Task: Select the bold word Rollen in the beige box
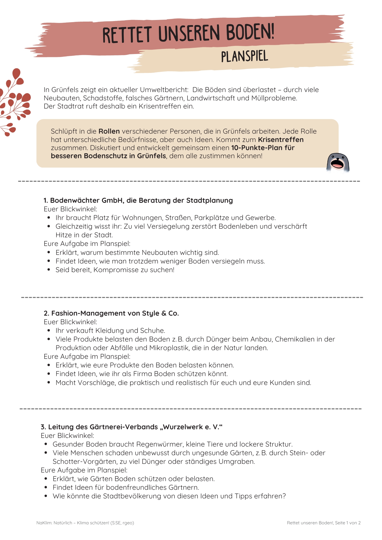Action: coord(109,131)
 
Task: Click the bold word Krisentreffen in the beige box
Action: coord(281,140)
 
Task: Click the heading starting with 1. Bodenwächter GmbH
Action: coord(138,200)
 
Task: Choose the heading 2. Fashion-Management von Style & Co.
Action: coord(111,313)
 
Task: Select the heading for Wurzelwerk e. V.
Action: coord(132,427)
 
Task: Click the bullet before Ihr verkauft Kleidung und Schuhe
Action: coord(49,330)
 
